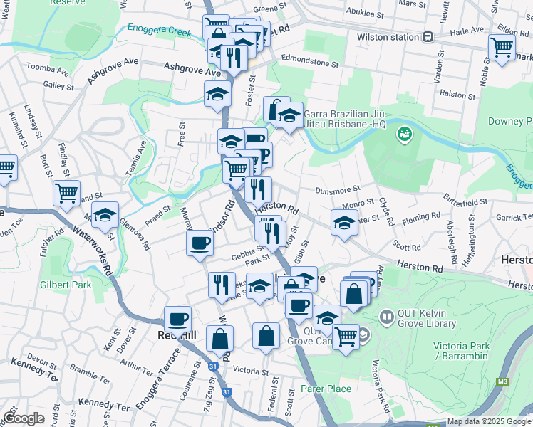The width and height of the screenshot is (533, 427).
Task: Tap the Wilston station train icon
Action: coord(428,36)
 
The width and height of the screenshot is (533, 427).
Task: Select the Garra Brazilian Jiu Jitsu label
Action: coord(345,118)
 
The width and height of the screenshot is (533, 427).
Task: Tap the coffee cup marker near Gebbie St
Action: coord(200,243)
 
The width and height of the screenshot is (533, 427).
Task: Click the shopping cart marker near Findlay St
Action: coord(66,192)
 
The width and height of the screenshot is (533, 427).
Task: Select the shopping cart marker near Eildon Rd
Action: coord(502,48)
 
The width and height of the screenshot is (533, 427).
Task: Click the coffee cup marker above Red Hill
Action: coord(177,319)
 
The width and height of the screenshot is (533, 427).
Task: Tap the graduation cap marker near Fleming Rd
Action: coord(344,223)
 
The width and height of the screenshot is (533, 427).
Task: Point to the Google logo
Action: coord(24,418)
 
